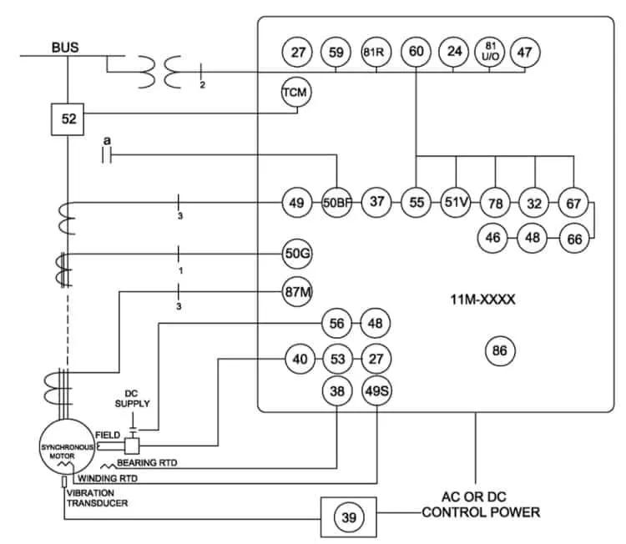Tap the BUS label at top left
click(65, 48)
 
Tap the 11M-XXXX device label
click(482, 300)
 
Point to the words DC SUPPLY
click(132, 399)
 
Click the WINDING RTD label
click(108, 478)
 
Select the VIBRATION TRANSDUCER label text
click(97, 498)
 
